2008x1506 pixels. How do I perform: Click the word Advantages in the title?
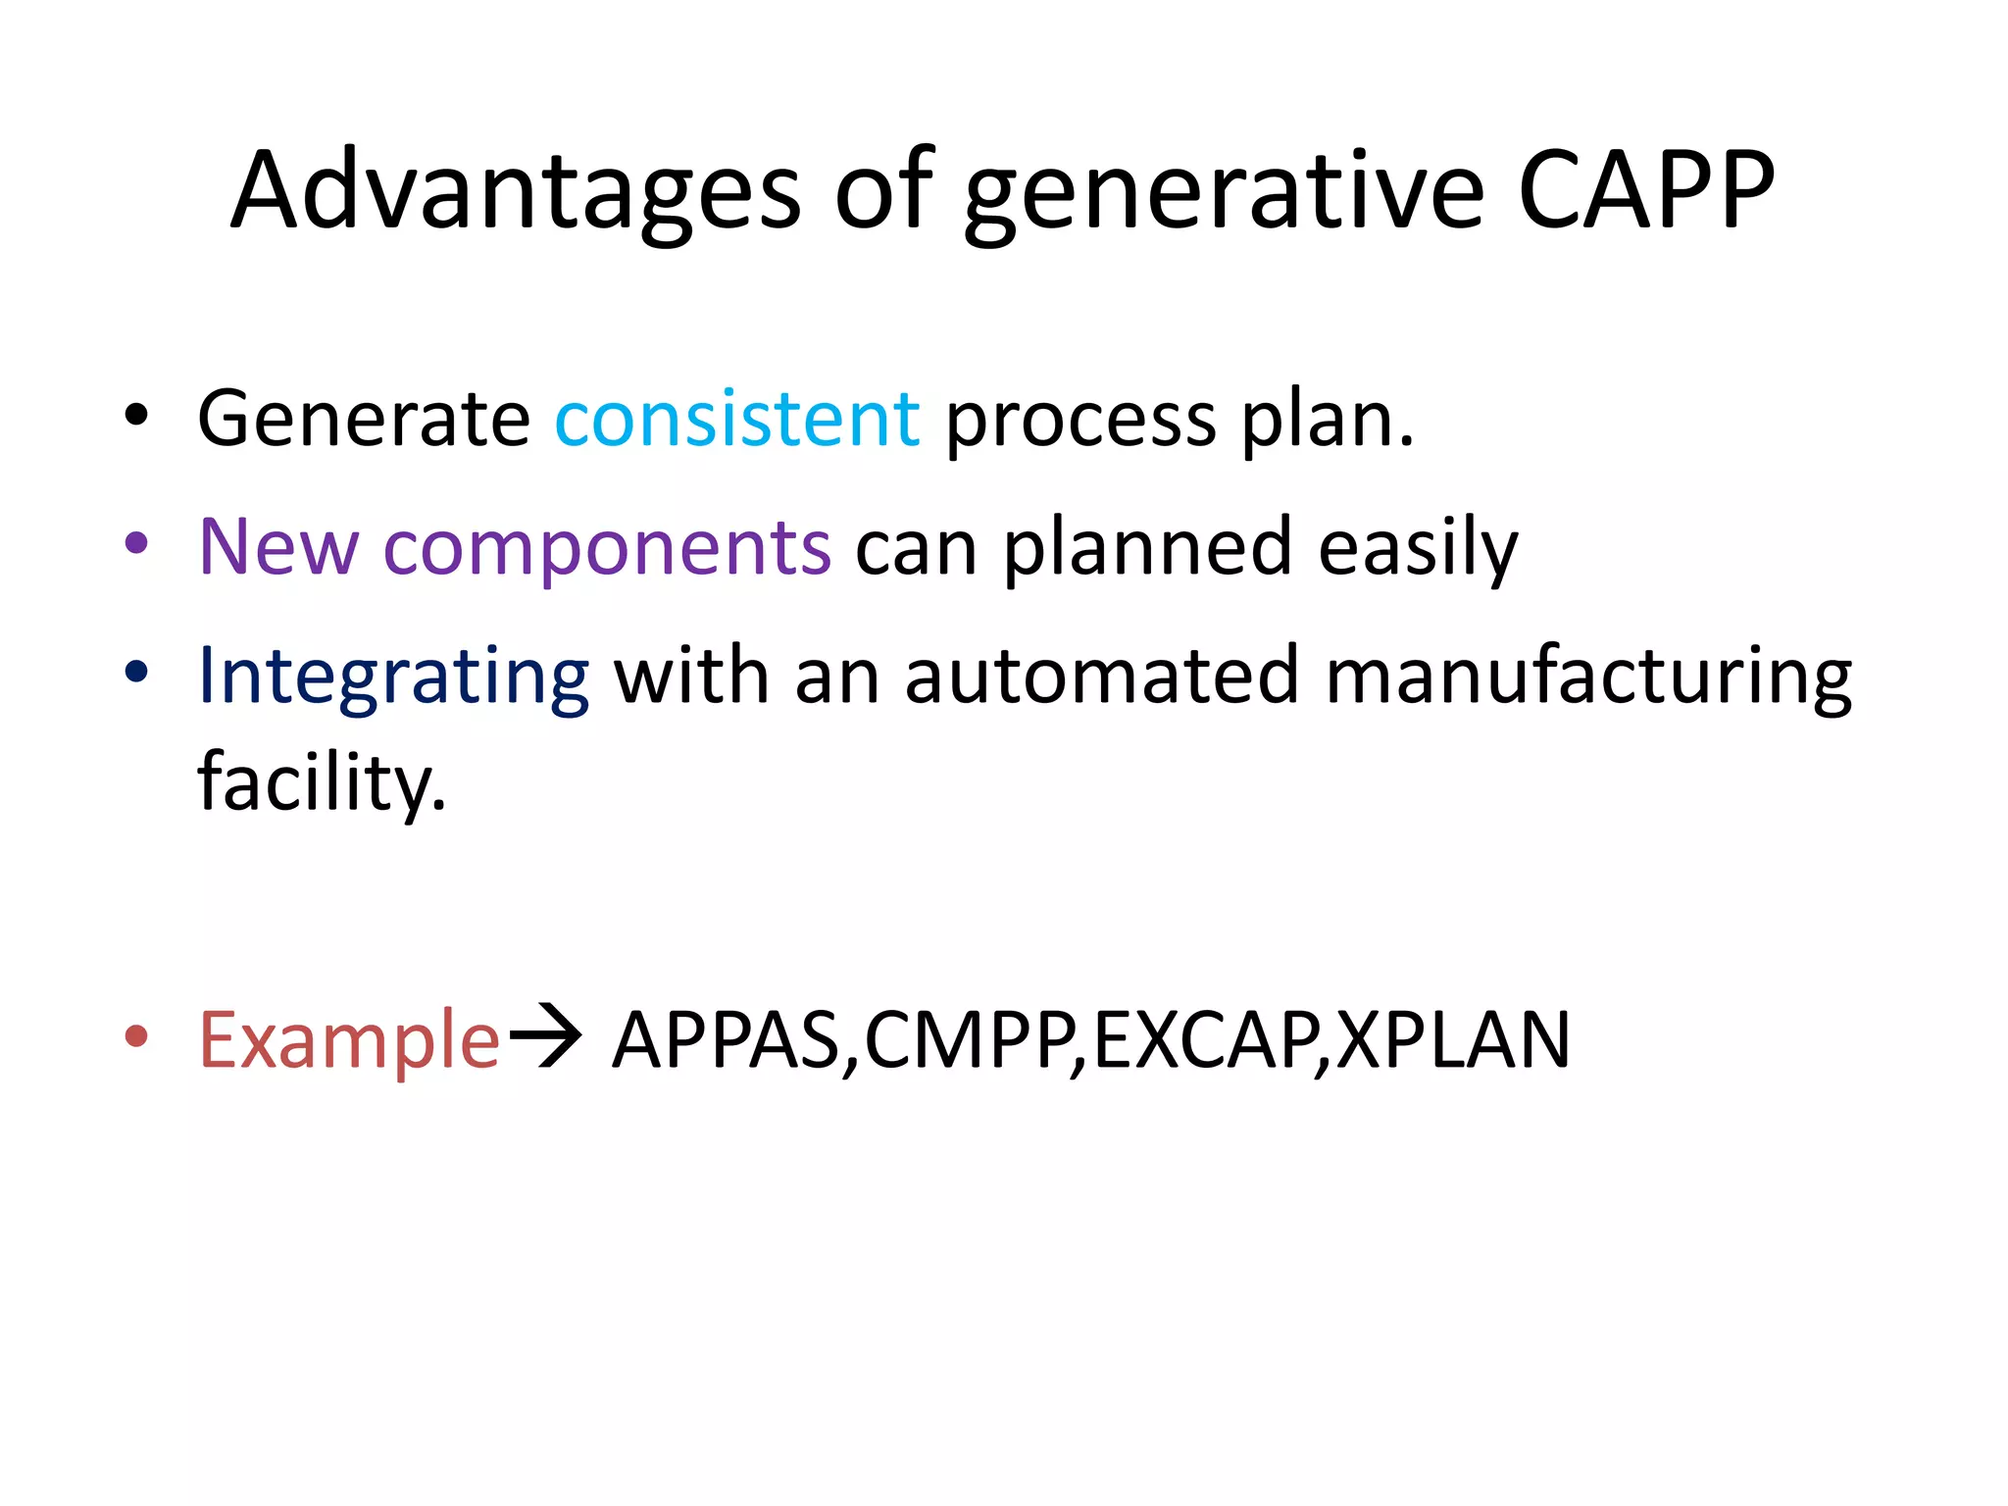tap(516, 190)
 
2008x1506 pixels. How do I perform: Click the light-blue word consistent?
tap(736, 420)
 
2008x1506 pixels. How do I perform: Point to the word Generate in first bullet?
tap(364, 420)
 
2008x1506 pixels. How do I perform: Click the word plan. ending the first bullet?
tap(1328, 424)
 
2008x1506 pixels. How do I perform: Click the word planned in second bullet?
tap(1146, 549)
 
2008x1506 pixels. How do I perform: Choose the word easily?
tap(1418, 549)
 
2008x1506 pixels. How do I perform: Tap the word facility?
tap(322, 782)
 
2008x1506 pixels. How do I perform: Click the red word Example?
tap(349, 1041)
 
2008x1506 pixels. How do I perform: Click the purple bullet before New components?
tap(136, 543)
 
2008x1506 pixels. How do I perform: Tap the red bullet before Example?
tap(136, 1035)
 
